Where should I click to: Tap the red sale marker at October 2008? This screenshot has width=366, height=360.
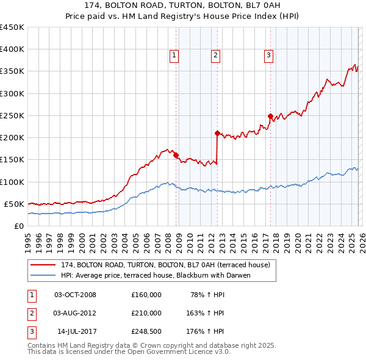(176, 156)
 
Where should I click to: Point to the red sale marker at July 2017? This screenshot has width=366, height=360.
(270, 116)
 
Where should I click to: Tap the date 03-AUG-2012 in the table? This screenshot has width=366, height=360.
(75, 313)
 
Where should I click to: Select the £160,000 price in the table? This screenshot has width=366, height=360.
(146, 295)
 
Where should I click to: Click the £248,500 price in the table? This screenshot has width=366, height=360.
(146, 331)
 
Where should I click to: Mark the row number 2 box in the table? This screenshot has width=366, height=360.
(32, 313)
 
